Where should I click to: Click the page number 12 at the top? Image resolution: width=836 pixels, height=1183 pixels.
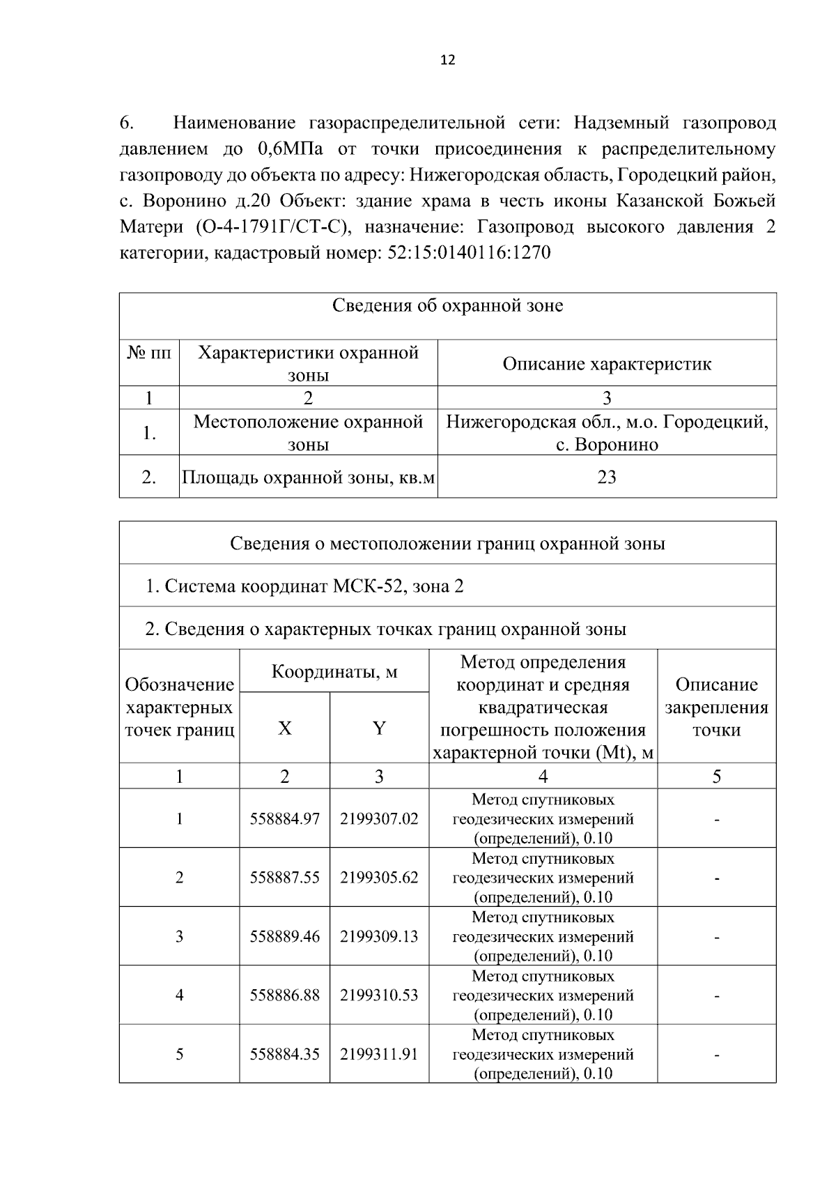pyautogui.click(x=448, y=61)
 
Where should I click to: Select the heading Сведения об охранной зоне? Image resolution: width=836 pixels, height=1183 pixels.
pyautogui.click(x=447, y=306)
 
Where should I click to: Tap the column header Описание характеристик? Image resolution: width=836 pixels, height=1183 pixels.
pyautogui.click(x=607, y=364)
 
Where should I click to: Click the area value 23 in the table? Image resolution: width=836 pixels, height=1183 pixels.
pyautogui.click(x=607, y=478)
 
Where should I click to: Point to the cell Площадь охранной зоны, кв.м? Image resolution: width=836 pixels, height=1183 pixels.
pyautogui.click(x=309, y=478)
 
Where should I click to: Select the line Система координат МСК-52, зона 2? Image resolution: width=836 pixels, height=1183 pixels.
pyautogui.click(x=304, y=586)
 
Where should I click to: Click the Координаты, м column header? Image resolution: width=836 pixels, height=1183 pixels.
pyautogui.click(x=334, y=672)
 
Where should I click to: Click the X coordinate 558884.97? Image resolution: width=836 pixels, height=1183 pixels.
pyautogui.click(x=285, y=819)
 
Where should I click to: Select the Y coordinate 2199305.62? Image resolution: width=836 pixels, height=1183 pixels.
pyautogui.click(x=379, y=878)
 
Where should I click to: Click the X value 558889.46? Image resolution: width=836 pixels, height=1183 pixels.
pyautogui.click(x=285, y=936)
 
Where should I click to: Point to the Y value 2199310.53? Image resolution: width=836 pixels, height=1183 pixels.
pyautogui.click(x=379, y=995)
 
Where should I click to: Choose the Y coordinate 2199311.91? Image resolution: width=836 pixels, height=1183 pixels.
pyautogui.click(x=379, y=1054)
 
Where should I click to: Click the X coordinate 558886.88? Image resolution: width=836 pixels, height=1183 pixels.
pyautogui.click(x=285, y=995)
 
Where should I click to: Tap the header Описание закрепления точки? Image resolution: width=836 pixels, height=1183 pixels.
pyautogui.click(x=716, y=708)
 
